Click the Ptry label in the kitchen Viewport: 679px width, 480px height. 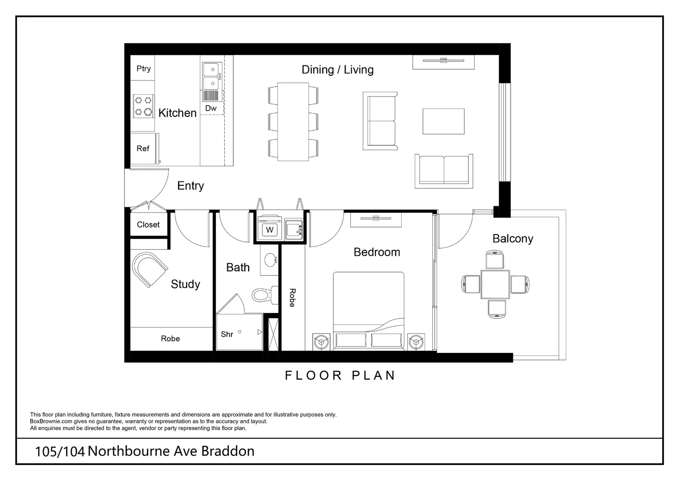click(x=144, y=68)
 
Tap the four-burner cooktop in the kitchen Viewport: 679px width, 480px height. click(x=143, y=106)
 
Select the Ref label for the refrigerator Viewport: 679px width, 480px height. click(x=143, y=148)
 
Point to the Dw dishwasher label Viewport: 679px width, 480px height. click(x=211, y=108)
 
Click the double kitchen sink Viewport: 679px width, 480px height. click(x=212, y=76)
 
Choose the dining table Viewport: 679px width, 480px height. click(x=293, y=122)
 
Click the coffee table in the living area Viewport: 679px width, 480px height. click(x=443, y=121)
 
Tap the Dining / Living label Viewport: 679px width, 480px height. click(x=337, y=70)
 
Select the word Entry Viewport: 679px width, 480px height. click(x=190, y=186)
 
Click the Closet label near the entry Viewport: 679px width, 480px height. click(x=148, y=225)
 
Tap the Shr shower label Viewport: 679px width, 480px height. click(x=227, y=334)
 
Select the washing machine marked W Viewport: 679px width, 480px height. click(x=269, y=230)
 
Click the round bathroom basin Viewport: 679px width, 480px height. click(x=270, y=260)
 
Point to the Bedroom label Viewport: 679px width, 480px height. click(x=376, y=252)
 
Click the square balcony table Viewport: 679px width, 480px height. click(x=495, y=284)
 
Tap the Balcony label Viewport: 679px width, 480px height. click(x=512, y=239)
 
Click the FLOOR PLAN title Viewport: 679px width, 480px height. click(x=340, y=376)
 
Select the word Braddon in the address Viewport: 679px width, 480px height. click(x=228, y=451)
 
